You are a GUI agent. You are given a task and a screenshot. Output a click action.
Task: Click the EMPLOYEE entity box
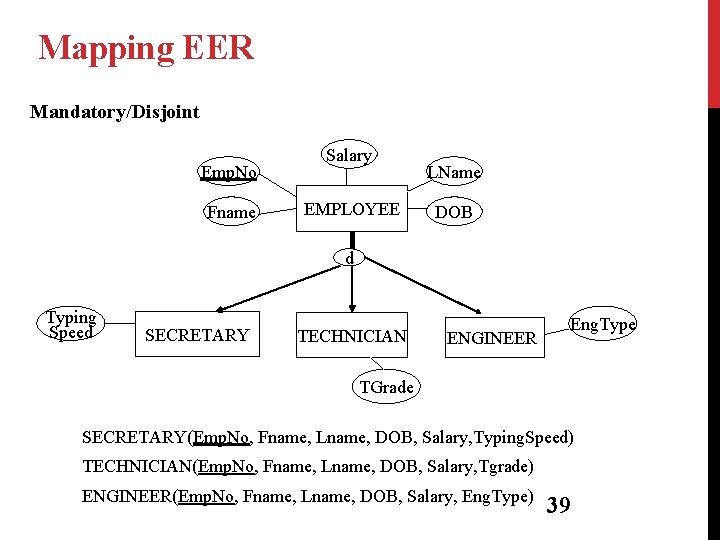click(351, 209)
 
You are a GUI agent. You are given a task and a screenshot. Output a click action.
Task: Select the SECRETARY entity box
click(196, 335)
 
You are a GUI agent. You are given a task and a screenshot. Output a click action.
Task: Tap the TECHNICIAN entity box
click(351, 336)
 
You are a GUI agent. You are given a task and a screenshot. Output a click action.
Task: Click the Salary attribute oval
click(348, 155)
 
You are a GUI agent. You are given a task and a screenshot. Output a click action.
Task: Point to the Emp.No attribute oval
click(229, 173)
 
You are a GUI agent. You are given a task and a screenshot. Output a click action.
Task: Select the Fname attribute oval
click(231, 212)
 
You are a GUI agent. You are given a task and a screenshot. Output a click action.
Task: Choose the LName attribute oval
click(455, 173)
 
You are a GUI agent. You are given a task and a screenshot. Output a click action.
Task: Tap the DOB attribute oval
click(453, 213)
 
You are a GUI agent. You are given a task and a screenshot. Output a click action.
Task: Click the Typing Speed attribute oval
click(71, 325)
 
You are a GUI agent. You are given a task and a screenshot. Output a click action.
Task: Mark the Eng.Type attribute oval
click(603, 324)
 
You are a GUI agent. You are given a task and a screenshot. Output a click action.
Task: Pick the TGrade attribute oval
click(386, 387)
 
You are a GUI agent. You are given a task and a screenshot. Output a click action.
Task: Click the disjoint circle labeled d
click(349, 258)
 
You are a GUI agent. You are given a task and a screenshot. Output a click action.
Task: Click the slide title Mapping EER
click(146, 47)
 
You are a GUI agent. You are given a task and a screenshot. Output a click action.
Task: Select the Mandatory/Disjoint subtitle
click(114, 111)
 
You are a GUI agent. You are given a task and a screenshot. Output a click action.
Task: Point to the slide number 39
click(559, 505)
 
